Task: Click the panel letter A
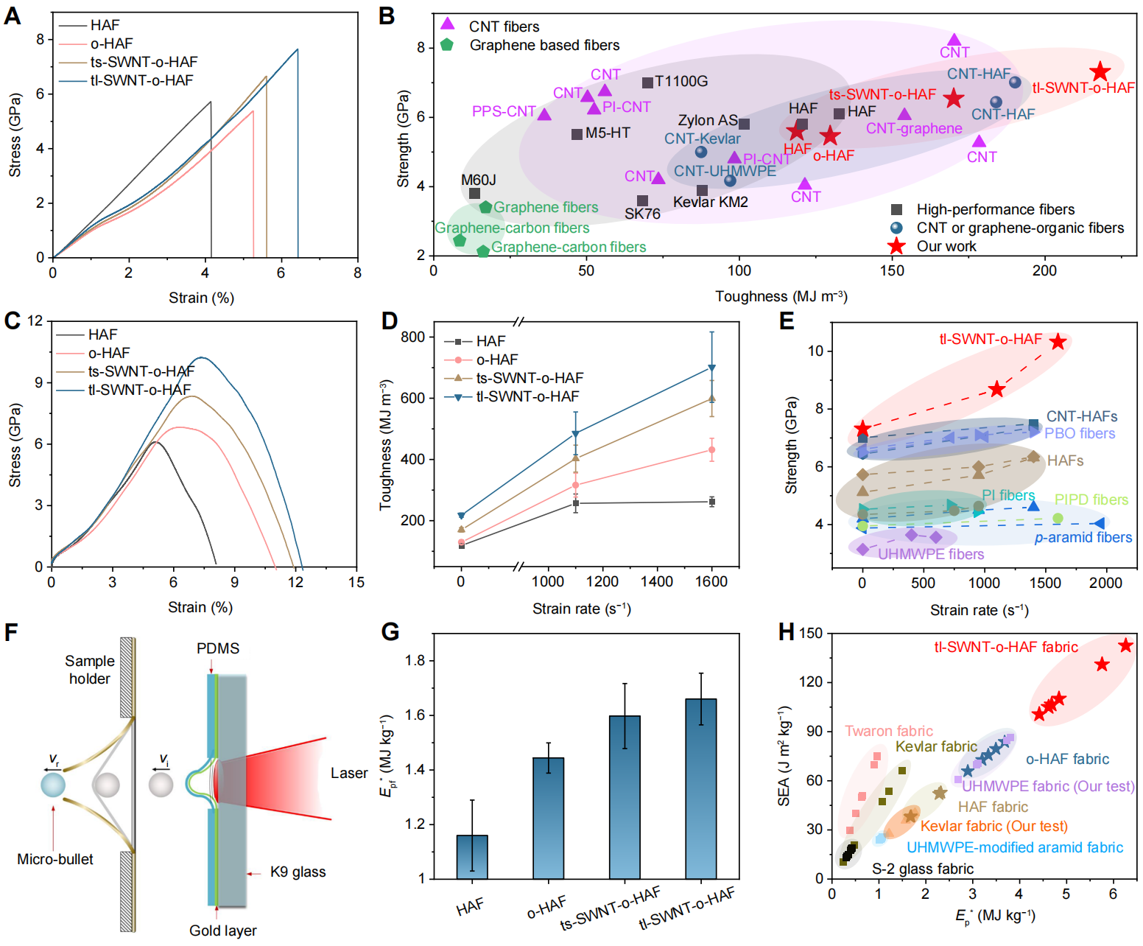[x=13, y=15]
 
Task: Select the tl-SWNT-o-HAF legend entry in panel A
[x=141, y=80]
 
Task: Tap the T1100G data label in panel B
[x=681, y=81]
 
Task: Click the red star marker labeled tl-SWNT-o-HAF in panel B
[x=1100, y=71]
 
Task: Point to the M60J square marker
[x=474, y=194]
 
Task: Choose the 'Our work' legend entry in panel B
[x=946, y=246]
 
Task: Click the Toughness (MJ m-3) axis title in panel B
[x=781, y=296]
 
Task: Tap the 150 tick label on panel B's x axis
[x=892, y=270]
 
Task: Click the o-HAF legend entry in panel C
[x=109, y=353]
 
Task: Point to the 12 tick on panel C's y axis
[x=35, y=321]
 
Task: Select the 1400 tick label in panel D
[x=656, y=581]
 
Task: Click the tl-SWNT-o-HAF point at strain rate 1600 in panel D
[x=711, y=368]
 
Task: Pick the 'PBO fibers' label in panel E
[x=1080, y=433]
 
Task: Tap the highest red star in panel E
[x=1058, y=341]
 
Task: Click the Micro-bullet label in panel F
[x=55, y=859]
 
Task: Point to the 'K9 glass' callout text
[x=298, y=872]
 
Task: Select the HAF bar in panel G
[x=472, y=857]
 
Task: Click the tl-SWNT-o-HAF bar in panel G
[x=700, y=788]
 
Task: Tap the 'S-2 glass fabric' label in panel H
[x=923, y=869]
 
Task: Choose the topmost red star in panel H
[x=1125, y=645]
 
